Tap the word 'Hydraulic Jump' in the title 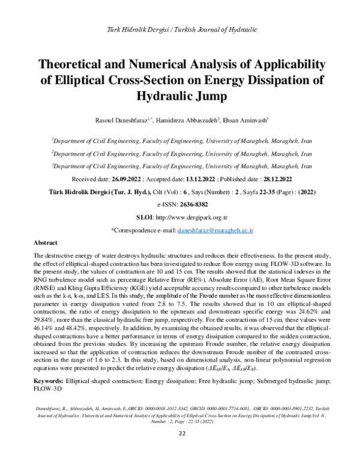pos(180,95)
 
